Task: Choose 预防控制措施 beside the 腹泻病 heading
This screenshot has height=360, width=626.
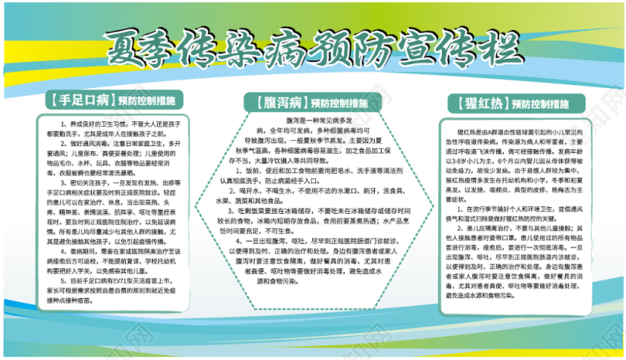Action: pos(340,103)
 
